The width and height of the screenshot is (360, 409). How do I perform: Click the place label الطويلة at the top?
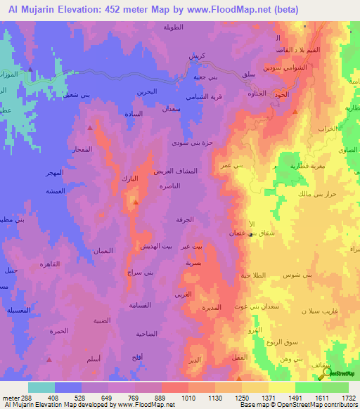tap(193, 29)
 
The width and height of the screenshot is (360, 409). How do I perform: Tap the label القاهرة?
tap(57, 264)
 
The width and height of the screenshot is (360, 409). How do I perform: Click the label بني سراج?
tap(139, 271)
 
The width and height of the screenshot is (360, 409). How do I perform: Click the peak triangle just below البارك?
tap(135, 202)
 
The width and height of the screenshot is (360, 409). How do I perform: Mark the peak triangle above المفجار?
tap(90, 129)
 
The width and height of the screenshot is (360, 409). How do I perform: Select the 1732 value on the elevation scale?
tap(348, 398)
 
